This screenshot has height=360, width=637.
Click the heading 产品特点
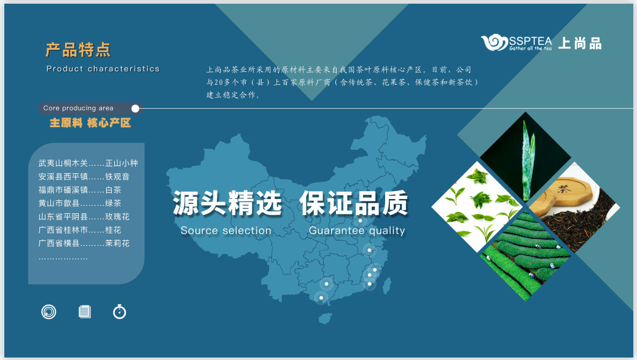[78, 50]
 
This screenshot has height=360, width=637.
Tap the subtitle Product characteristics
[103, 69]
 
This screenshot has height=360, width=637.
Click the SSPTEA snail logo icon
[494, 42]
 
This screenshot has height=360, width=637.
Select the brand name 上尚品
[579, 44]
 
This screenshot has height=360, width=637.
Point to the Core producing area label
[78, 108]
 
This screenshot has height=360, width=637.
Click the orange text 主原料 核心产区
[90, 123]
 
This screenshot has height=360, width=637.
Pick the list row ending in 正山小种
[88, 163]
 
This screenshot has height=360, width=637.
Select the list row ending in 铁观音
[84, 176]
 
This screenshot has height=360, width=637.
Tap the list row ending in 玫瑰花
[84, 216]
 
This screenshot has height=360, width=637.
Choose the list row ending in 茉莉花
[84, 243]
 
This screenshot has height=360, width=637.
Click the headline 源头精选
[227, 203]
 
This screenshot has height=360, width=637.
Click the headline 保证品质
[354, 203]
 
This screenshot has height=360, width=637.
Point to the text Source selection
[226, 231]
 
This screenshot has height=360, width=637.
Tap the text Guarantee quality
[357, 231]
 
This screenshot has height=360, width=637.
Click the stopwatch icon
[120, 311]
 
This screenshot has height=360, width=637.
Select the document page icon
[84, 311]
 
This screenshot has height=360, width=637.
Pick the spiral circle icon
[49, 311]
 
